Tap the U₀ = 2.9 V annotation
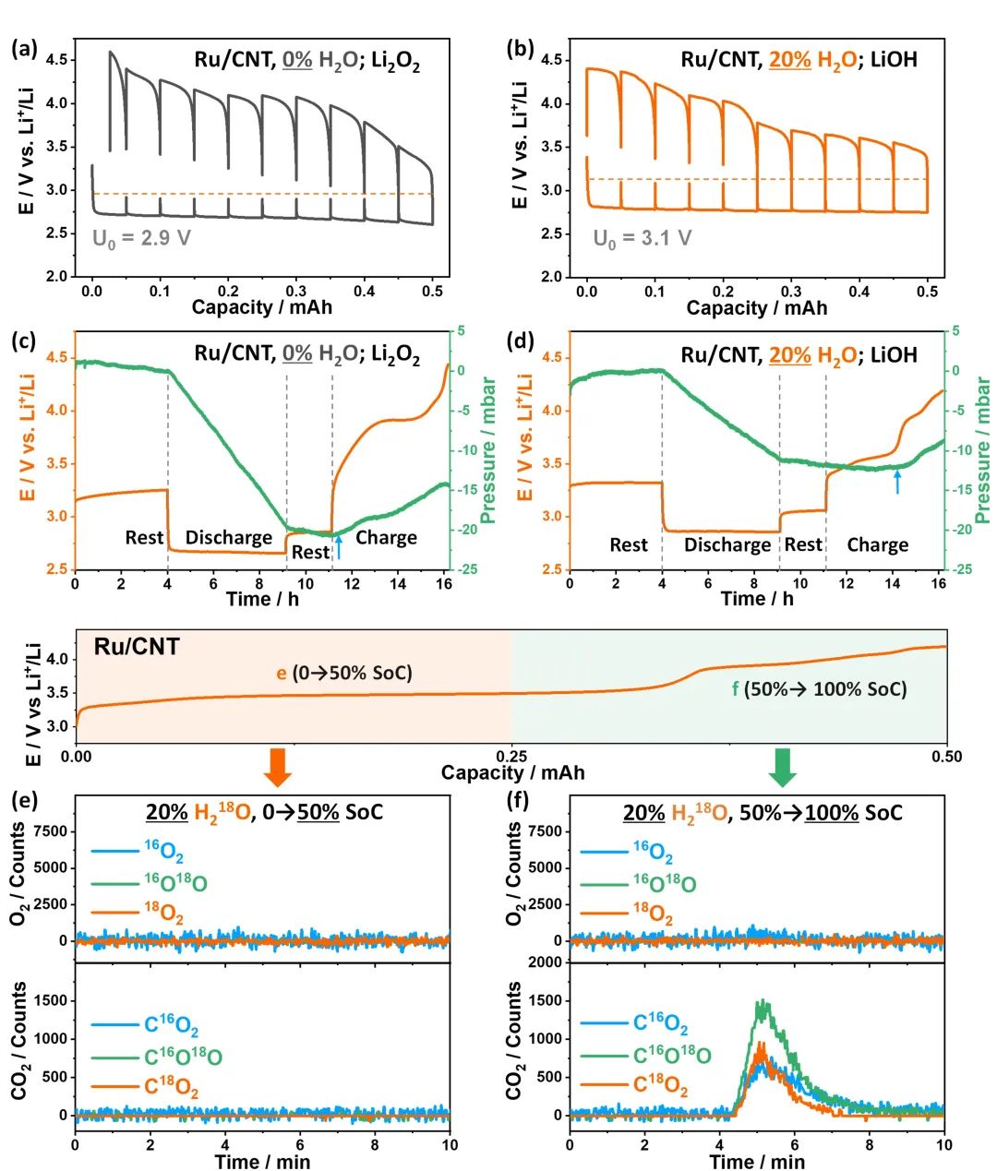(141, 238)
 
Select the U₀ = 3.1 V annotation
(642, 239)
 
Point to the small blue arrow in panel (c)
(339, 546)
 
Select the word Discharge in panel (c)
(229, 538)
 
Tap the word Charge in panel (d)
(877, 545)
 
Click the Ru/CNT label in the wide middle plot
(137, 646)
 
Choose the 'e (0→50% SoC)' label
(344, 673)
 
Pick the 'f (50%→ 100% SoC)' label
(820, 688)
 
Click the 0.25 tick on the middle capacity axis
(512, 757)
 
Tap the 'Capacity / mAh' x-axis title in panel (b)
(757, 307)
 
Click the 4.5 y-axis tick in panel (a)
(56, 60)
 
